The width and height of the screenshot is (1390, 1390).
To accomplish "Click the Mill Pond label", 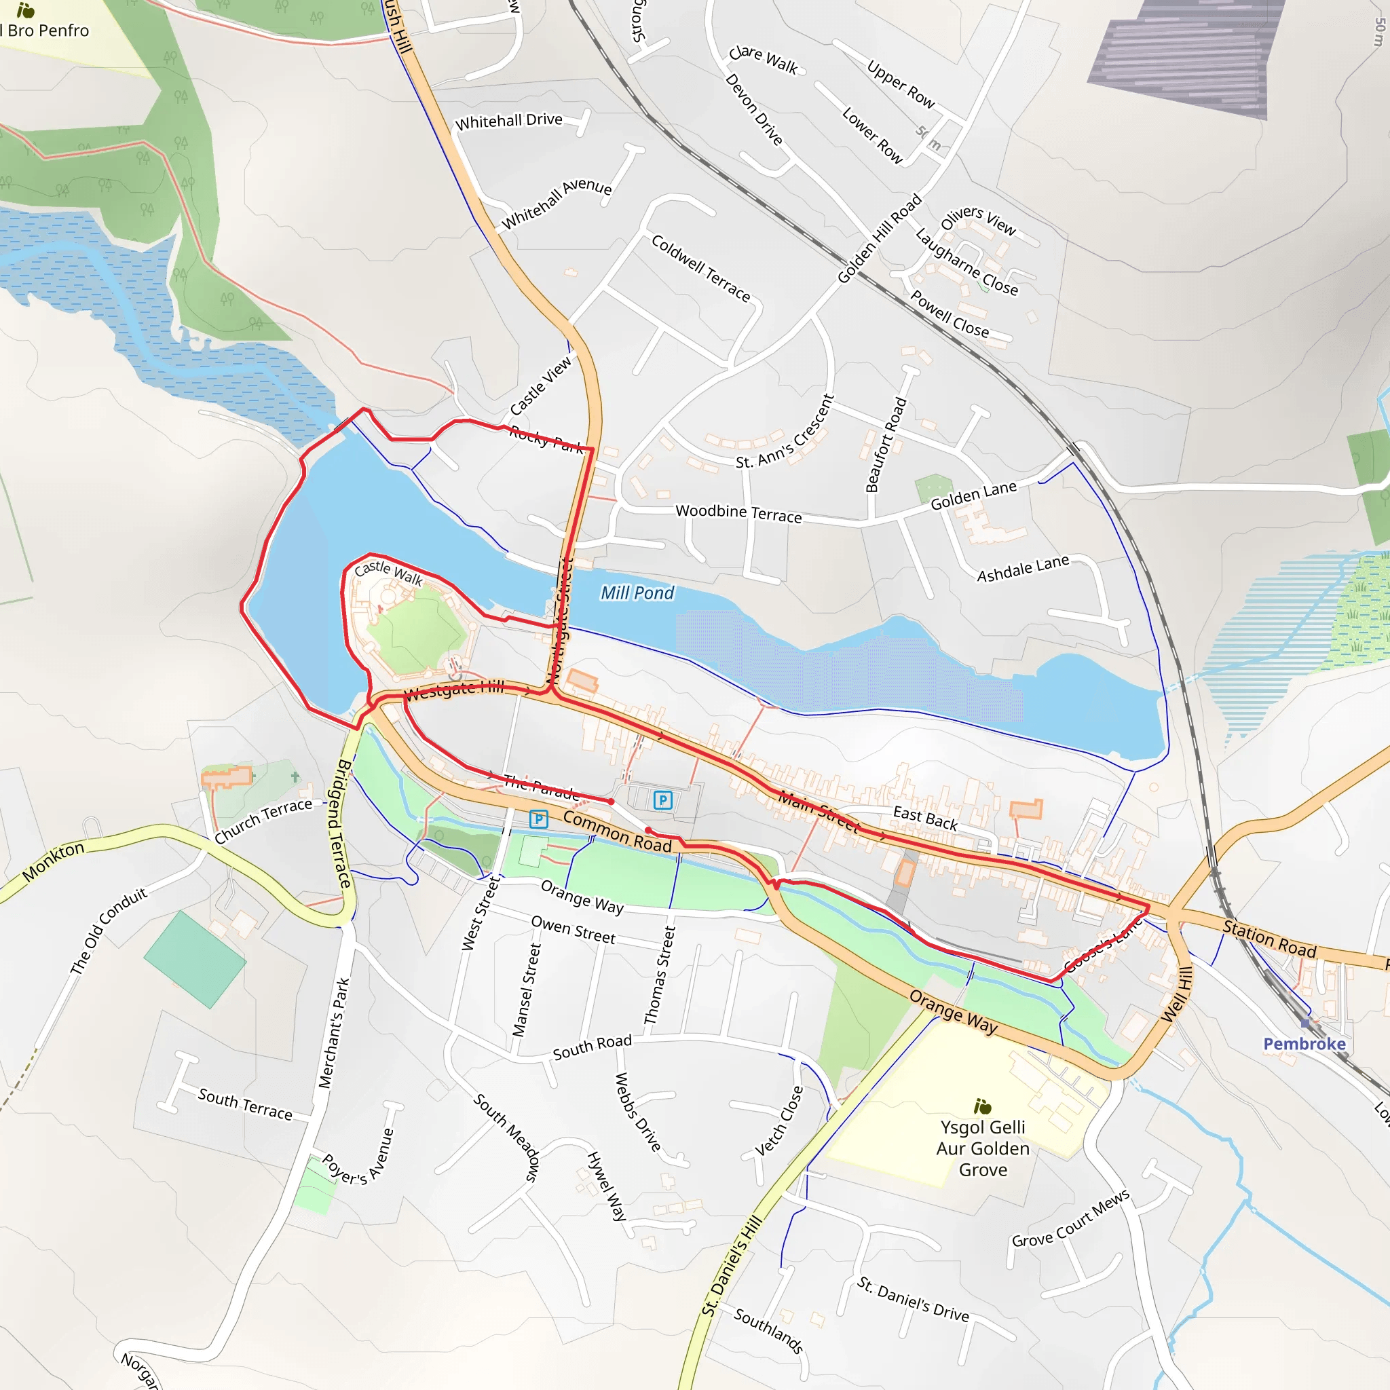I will (x=637, y=593).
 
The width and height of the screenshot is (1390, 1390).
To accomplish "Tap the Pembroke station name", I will (x=1304, y=1044).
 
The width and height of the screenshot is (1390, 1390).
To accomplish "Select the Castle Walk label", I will (x=388, y=572).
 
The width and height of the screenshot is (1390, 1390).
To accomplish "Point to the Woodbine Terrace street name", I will (x=738, y=513).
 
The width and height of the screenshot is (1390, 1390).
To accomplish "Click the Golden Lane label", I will (x=973, y=495).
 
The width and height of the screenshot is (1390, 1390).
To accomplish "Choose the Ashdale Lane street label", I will (x=1022, y=568).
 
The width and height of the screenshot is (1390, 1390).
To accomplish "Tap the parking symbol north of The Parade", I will (x=662, y=800).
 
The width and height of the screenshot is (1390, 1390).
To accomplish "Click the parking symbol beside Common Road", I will (x=538, y=819).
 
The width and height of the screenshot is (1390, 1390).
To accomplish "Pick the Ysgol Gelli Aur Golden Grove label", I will (x=983, y=1148).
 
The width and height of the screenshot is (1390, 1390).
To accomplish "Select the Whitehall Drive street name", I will (x=508, y=121).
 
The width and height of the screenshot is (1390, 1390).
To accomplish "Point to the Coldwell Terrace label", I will (x=700, y=267).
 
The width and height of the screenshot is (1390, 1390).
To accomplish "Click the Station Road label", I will (x=1270, y=939).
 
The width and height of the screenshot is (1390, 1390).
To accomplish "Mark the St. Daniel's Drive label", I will (x=913, y=1298).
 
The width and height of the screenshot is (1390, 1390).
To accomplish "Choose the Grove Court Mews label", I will (x=1070, y=1219).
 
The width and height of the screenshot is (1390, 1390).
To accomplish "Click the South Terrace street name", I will (x=245, y=1104).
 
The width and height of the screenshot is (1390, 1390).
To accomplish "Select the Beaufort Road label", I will (x=886, y=445).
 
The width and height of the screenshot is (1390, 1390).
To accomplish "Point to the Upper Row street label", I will (x=901, y=85).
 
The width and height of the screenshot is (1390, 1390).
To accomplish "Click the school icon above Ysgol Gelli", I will (x=982, y=1106).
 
